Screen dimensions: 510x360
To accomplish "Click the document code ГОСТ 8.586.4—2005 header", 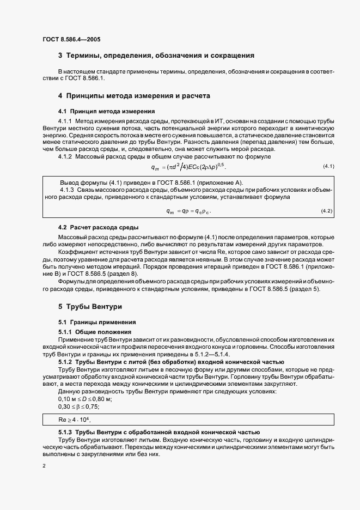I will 71,39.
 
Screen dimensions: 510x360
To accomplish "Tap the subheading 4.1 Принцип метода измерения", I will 97,111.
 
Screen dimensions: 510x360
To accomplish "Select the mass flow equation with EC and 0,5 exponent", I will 188,166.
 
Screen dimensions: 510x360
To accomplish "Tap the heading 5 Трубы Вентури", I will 90,307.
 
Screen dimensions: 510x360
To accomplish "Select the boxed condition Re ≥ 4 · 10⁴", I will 74,420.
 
